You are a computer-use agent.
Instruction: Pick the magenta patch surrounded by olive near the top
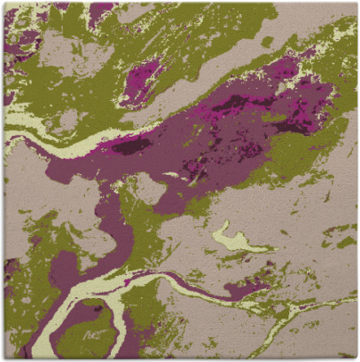tap(142, 78)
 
